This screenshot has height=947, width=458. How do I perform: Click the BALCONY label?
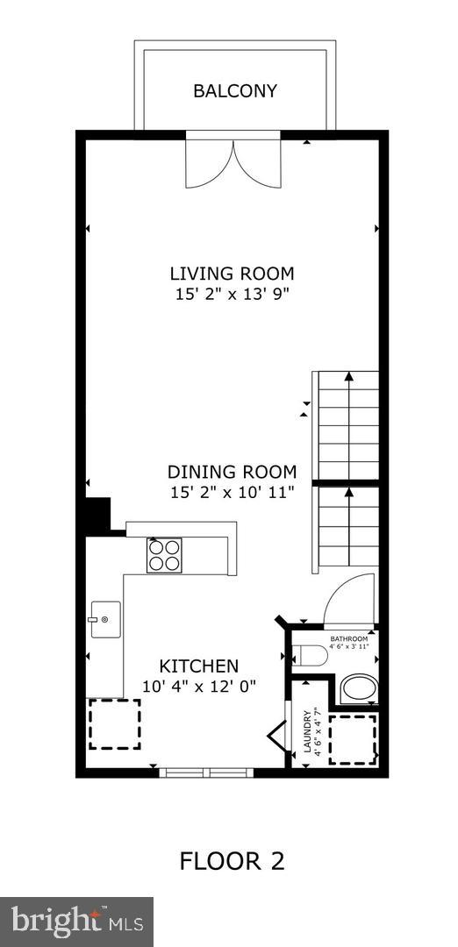235,90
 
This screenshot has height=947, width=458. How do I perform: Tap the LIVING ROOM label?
232,274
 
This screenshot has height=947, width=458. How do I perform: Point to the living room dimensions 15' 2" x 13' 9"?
232,295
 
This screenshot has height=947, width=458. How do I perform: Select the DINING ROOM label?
232,471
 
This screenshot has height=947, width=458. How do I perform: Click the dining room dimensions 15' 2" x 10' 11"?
232,492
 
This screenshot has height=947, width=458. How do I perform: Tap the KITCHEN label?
199,666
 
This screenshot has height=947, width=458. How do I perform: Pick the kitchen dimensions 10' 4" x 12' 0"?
199,686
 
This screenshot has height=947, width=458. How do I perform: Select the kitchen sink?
105,619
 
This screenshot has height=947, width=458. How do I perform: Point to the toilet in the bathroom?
309,655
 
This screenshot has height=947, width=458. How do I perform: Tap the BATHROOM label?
348,639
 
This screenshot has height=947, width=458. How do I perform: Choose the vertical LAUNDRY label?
307,730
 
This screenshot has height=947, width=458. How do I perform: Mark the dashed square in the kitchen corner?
115,724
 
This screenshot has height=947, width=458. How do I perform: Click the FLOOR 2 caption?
232,861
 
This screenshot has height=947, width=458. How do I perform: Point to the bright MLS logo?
76,922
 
